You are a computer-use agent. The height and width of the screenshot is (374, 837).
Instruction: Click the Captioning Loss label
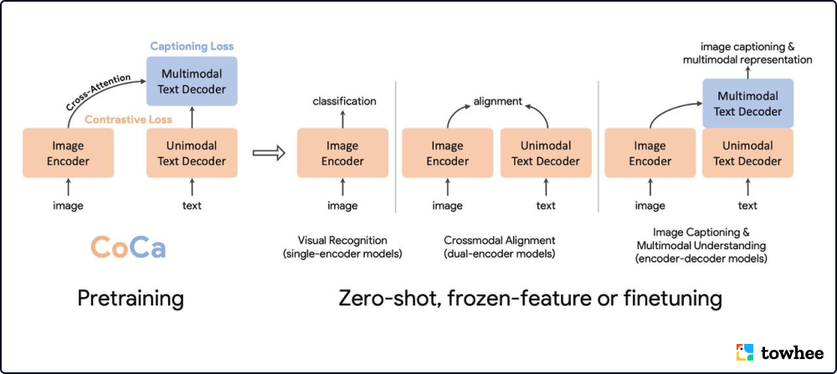click(192, 46)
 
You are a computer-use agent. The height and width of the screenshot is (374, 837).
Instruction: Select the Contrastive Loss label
click(129, 120)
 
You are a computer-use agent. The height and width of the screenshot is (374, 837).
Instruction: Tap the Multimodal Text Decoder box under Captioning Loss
click(192, 81)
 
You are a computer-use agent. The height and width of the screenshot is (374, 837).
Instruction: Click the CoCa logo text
click(127, 248)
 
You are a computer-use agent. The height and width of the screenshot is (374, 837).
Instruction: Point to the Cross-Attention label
click(97, 91)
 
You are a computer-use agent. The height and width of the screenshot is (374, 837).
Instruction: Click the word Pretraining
click(131, 299)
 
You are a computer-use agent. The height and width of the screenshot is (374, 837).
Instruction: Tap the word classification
click(344, 101)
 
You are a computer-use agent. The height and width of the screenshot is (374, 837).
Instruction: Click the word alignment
click(497, 101)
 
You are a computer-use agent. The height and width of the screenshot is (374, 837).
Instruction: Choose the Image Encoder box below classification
click(343, 153)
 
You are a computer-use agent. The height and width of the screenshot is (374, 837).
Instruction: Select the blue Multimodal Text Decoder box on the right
click(747, 103)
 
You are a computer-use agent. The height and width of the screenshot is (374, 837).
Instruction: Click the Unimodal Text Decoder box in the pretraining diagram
click(192, 153)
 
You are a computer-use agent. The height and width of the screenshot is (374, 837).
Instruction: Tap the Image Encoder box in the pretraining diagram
click(69, 153)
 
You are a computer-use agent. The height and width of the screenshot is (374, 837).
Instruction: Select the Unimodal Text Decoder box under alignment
click(546, 153)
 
